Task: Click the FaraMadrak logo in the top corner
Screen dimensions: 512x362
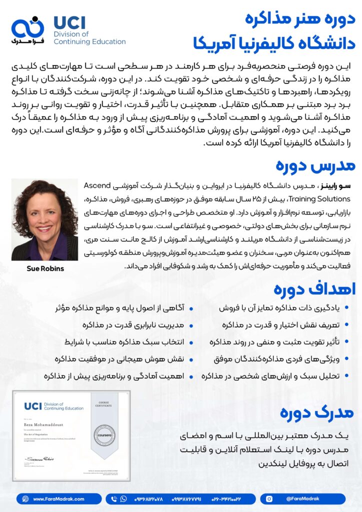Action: (28, 30)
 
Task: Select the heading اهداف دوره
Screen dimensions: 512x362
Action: (314, 289)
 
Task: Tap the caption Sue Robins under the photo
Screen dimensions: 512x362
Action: (45, 268)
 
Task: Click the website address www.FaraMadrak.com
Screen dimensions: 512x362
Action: (58, 498)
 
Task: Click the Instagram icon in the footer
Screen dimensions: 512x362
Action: (269, 498)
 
